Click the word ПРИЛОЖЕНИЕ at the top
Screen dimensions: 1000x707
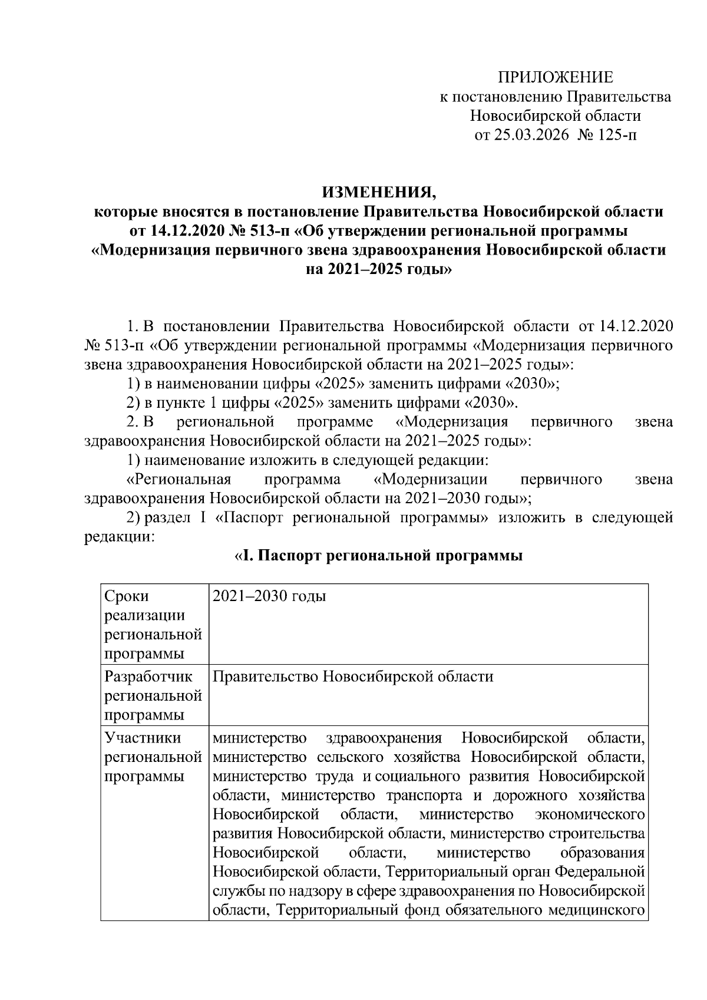tap(556, 77)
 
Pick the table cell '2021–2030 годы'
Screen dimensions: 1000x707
tap(269, 596)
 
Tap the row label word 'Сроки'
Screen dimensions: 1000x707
tap(127, 596)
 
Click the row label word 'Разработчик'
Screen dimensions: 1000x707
tap(148, 676)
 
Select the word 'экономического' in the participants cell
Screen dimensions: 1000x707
tap(589, 815)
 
